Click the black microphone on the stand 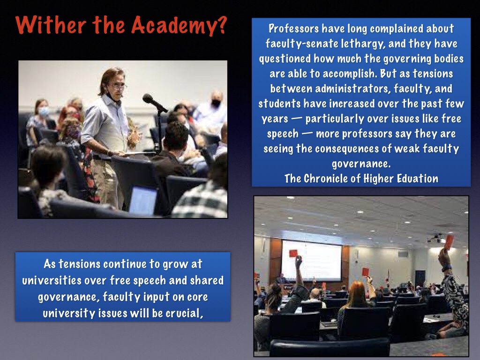155,103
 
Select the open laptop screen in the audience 143,201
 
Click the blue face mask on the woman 44,111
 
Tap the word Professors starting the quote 294,29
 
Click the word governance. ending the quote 361,164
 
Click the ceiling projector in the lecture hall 436,238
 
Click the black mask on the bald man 216,104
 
